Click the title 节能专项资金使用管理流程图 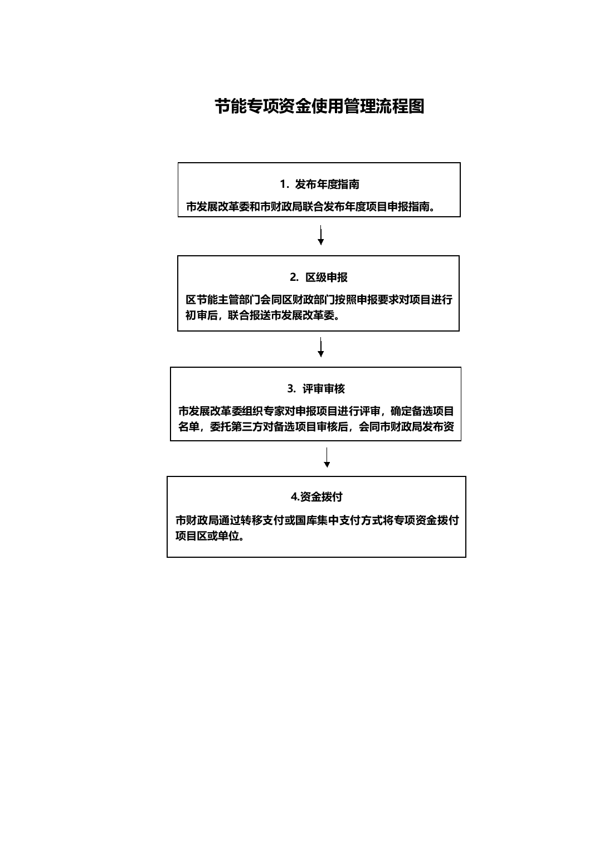[319, 106]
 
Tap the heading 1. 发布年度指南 [319, 184]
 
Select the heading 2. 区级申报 [318, 277]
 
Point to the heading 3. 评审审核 [316, 388]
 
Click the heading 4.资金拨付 [316, 496]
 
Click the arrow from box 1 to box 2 [321, 235]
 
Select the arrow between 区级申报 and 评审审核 [321, 347]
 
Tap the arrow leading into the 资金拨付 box [327, 457]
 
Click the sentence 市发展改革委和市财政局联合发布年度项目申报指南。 [311, 206]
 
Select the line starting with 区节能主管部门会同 [319, 299]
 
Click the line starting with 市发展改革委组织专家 [316, 411]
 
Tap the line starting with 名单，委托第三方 [316, 426]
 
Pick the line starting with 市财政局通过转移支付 [317, 520]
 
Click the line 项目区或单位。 [210, 536]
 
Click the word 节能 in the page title [231, 106]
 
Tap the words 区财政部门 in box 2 [309, 299]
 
